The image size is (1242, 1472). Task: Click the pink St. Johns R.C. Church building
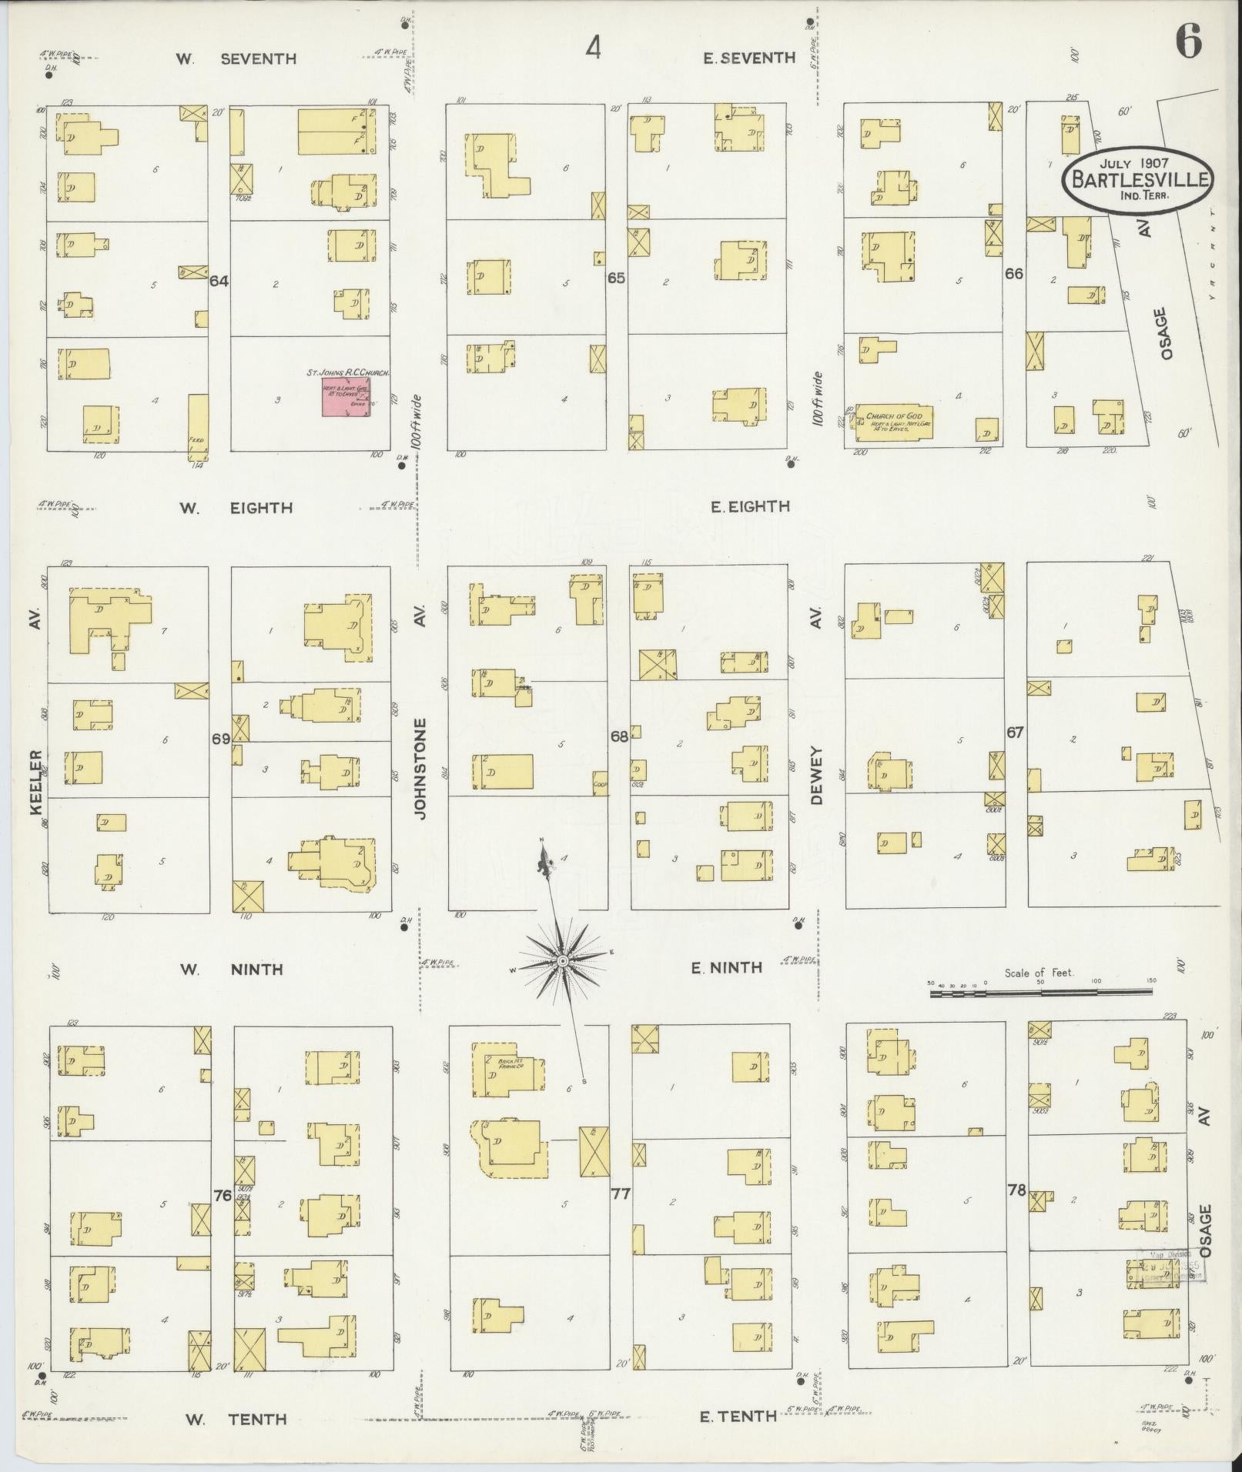point(346,396)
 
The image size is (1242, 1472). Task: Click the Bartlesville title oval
point(1137,179)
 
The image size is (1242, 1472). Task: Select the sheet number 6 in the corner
point(1187,42)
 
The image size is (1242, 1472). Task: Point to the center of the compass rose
point(562,961)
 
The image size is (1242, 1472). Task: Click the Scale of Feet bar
point(1041,993)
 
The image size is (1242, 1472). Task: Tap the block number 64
point(219,281)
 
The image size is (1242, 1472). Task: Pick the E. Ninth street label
point(726,968)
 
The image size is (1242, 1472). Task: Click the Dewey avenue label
point(816,776)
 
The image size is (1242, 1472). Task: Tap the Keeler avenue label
point(35,782)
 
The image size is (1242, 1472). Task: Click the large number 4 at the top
point(593,48)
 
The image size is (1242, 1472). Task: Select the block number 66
point(1014,273)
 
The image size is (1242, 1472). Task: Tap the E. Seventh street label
point(748,58)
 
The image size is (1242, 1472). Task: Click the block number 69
point(221,739)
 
